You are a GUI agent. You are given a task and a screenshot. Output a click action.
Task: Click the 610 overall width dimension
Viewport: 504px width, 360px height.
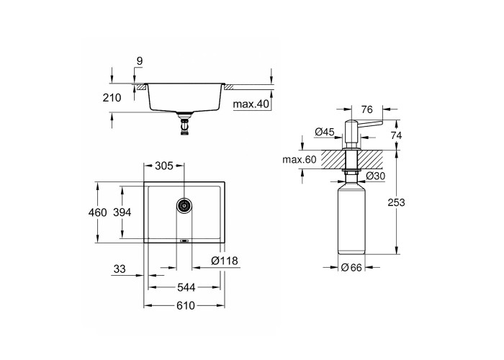tap(186, 305)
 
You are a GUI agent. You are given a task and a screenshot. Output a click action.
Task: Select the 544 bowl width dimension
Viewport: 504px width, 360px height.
tap(186, 287)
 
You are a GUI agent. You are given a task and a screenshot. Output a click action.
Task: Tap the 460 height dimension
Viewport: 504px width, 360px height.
tap(97, 212)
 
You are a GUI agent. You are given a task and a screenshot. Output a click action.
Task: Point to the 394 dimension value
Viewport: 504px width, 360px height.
tap(122, 212)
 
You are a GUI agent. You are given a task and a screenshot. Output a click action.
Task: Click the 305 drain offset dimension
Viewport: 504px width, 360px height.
tap(164, 166)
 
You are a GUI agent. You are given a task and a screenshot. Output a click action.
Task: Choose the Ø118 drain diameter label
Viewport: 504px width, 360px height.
tap(225, 261)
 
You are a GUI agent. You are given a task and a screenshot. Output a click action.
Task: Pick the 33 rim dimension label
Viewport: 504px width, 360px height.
tap(120, 269)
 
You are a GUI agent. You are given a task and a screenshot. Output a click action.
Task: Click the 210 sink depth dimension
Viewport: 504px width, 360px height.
tap(112, 98)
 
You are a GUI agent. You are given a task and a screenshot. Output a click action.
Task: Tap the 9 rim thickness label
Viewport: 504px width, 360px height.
tap(140, 61)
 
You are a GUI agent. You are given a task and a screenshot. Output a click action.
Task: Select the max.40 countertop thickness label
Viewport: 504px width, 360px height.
tap(251, 104)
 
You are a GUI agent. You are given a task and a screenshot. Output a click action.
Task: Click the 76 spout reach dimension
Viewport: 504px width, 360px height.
tap(366, 109)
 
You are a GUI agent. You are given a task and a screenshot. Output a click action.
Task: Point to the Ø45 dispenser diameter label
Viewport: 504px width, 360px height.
tap(325, 132)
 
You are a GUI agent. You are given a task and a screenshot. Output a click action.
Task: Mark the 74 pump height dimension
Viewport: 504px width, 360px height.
tap(396, 135)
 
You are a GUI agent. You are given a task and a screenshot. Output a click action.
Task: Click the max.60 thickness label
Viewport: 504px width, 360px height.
tap(300, 159)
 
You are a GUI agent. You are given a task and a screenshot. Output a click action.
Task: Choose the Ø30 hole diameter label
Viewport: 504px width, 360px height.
tap(375, 176)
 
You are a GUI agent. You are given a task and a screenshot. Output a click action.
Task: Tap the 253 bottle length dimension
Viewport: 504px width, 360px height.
tap(396, 202)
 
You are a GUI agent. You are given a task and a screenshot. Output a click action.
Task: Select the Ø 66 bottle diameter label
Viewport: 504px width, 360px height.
tap(351, 267)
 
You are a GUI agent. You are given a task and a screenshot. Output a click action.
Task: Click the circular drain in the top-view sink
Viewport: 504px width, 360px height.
tap(184, 204)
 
